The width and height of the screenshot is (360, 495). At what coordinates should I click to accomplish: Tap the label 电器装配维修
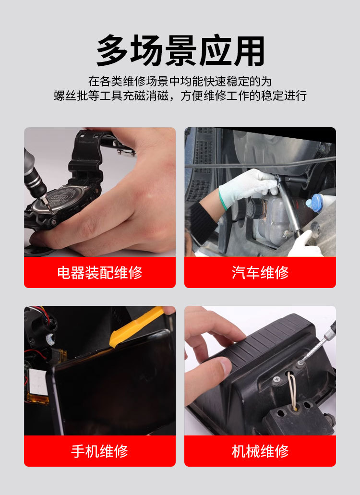click(x=100, y=273)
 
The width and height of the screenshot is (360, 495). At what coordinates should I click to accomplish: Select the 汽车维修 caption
click(x=260, y=273)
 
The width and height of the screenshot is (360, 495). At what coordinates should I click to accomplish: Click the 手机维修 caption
click(x=100, y=451)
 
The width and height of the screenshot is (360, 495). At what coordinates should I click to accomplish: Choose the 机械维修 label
click(x=260, y=451)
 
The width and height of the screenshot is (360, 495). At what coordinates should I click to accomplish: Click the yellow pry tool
click(x=136, y=326)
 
